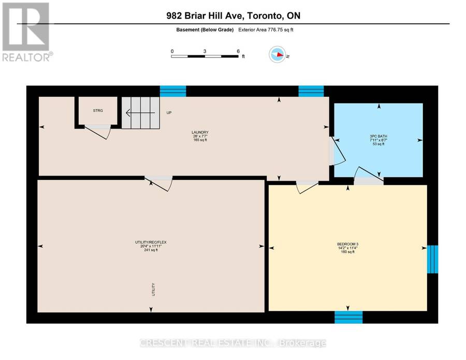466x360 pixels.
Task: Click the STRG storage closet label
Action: [x=98, y=110]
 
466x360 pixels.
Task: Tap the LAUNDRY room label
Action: [x=200, y=132]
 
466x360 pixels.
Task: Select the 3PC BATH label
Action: [x=378, y=136]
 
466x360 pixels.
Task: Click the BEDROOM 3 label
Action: [x=348, y=244]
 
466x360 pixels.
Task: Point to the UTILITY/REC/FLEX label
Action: [x=151, y=242]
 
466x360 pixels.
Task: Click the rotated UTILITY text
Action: [x=154, y=290]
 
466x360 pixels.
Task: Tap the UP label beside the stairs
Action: [x=169, y=113]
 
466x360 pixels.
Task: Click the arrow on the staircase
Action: [x=140, y=113]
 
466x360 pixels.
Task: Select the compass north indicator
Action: [x=278, y=54]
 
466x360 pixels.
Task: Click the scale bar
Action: [x=205, y=56]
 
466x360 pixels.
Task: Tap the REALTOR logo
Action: [x=26, y=32]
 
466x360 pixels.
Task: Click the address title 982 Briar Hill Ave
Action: [x=206, y=16]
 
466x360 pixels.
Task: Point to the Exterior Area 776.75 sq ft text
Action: [x=266, y=30]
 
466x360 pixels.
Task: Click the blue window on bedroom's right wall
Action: [x=432, y=259]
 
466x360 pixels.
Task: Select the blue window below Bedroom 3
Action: [x=348, y=317]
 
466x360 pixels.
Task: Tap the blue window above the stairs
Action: [x=173, y=91]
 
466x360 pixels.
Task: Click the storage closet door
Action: [x=97, y=132]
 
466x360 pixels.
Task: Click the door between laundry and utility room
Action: [x=158, y=183]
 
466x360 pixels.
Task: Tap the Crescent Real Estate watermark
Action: [x=232, y=343]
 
